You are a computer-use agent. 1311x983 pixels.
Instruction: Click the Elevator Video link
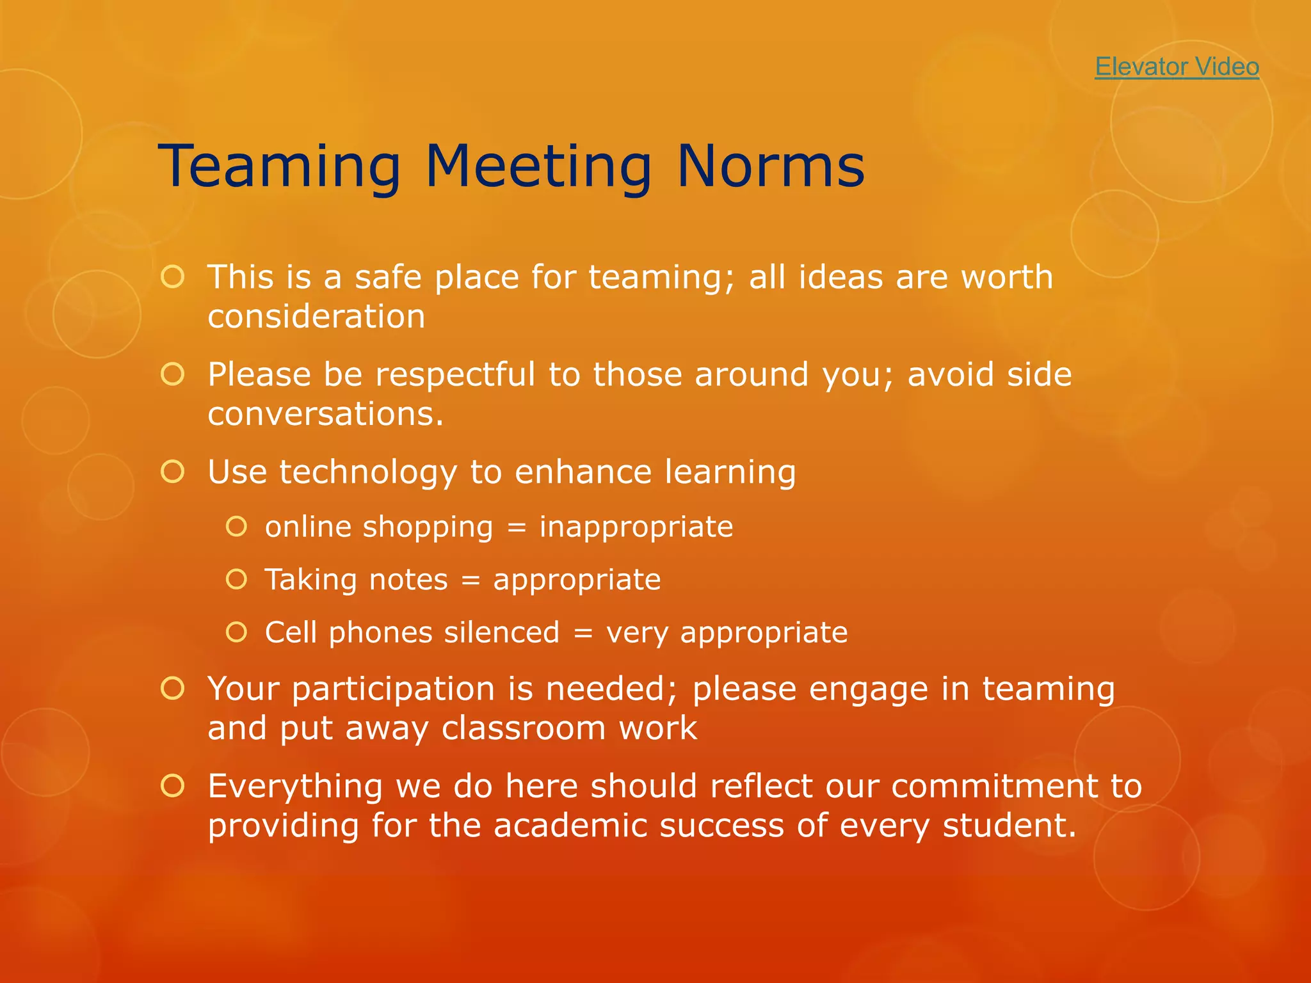tap(1177, 67)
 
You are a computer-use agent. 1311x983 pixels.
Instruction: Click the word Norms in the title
tap(770, 166)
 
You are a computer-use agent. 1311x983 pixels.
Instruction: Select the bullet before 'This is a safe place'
tap(173, 277)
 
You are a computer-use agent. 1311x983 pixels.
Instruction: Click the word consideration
tap(316, 317)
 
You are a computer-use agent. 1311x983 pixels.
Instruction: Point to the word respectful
tap(454, 375)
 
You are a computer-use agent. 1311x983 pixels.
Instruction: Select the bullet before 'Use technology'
tap(173, 472)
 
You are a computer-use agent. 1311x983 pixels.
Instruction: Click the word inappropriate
tap(636, 527)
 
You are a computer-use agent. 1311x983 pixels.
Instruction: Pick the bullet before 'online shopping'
tap(236, 527)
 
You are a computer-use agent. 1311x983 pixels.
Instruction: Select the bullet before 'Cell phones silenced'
tap(236, 632)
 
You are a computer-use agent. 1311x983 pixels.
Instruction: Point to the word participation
tap(393, 690)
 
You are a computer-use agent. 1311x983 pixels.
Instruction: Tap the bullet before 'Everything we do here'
tap(173, 786)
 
